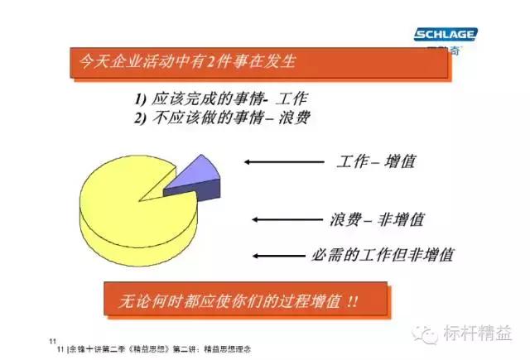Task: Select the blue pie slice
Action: coord(193,176)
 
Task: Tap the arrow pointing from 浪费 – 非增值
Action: coord(284,219)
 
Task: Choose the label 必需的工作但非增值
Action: coord(387,254)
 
